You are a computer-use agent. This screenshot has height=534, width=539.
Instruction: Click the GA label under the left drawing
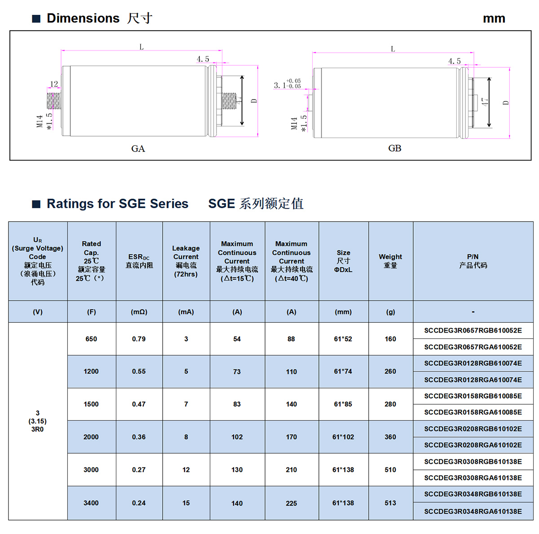[x=138, y=148]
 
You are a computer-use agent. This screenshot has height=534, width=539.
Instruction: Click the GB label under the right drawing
[x=394, y=148]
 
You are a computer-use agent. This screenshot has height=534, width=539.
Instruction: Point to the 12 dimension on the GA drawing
[x=54, y=84]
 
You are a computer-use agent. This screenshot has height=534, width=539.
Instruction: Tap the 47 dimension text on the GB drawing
[x=485, y=102]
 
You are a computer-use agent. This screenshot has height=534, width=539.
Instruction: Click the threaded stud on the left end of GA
[x=54, y=101]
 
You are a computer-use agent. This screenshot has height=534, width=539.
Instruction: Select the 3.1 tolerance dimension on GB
[x=287, y=84]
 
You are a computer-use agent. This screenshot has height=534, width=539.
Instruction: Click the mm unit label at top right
[x=494, y=18]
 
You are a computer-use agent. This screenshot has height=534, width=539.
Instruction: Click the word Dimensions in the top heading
[x=83, y=18]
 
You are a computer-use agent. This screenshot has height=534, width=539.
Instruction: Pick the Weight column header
[x=390, y=261]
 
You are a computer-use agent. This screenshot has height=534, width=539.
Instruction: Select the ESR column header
[x=139, y=261]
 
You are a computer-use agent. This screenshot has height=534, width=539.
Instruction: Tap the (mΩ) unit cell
[x=139, y=311]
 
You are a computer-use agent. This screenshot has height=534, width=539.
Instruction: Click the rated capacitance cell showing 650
[x=91, y=339]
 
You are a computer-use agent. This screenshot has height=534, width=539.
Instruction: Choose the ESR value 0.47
[x=139, y=404]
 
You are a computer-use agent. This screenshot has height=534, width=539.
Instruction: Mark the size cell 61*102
[x=343, y=437]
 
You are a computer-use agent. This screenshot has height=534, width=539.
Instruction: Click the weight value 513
[x=390, y=503]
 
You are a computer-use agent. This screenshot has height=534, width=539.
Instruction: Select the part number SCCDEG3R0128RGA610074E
[x=473, y=380]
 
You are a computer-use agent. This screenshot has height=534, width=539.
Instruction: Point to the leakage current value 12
[x=186, y=470]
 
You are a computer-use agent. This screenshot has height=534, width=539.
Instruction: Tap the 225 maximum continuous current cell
[x=291, y=503]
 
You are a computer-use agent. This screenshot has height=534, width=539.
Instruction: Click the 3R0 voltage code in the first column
[x=37, y=429]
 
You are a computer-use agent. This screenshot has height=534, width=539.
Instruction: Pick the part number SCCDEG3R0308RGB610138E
[x=473, y=462]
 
